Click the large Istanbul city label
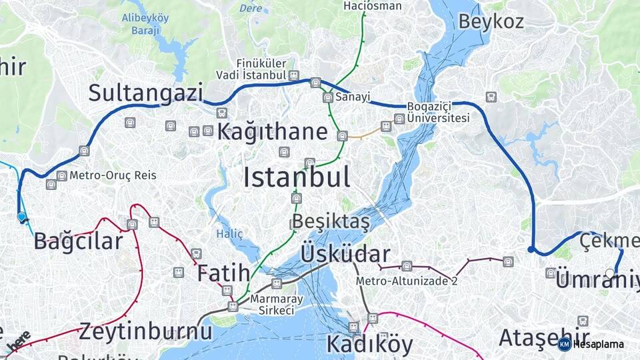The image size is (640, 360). coord(297,177)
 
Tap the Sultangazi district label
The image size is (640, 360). coord(145,93)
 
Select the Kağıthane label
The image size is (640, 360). coord(272,131)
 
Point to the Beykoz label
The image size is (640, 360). coord(491,21)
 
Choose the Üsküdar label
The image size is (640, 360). coord(345,254)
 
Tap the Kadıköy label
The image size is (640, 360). coord(369,345)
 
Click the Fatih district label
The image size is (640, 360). coord(223,273)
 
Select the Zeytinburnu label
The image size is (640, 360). coord(146,331)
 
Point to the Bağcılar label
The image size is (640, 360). coord(79,241)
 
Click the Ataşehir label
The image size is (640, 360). coord(544,337)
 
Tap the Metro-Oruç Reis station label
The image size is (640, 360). coord(113,175)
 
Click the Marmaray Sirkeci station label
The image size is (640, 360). coord(272,305)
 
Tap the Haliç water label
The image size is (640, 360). coord(229,233)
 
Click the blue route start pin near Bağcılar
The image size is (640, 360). coord(21,217)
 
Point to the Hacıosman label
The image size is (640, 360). coord(373,6)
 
